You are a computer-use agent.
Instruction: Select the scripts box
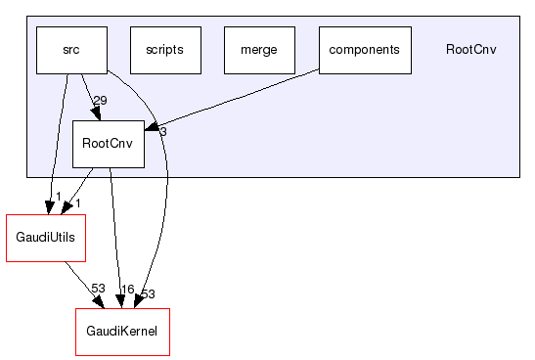[x=164, y=50]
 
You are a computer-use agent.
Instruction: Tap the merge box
[x=259, y=50]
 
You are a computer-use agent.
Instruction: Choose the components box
[x=365, y=50]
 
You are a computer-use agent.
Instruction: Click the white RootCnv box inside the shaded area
[x=109, y=144]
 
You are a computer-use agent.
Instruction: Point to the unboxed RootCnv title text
[x=470, y=50]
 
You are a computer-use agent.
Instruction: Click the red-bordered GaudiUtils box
[x=45, y=238]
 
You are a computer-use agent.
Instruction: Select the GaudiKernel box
[x=122, y=332]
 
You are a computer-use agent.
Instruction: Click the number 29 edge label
[x=100, y=101]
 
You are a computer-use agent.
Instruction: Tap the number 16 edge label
[x=126, y=290]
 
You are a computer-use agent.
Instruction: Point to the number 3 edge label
[x=163, y=131]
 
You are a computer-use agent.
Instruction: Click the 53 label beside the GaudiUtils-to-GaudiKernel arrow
[x=98, y=290]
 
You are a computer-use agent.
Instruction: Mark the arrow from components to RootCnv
[x=235, y=98]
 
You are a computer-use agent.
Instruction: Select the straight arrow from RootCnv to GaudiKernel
[x=115, y=235]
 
